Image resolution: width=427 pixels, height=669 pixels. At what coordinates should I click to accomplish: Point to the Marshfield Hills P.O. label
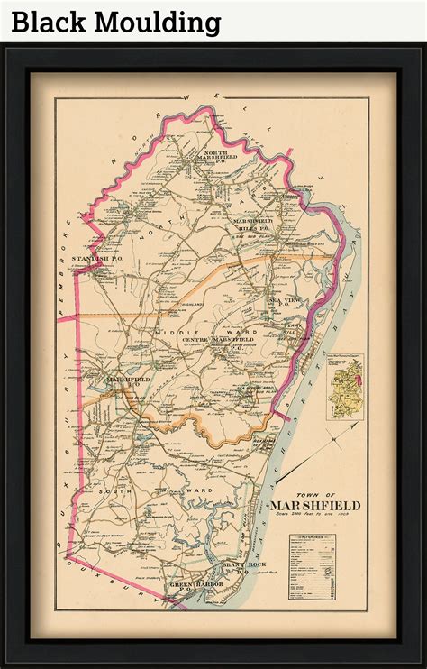pos(252,225)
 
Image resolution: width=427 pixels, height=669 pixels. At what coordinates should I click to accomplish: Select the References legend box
pos(313,568)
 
